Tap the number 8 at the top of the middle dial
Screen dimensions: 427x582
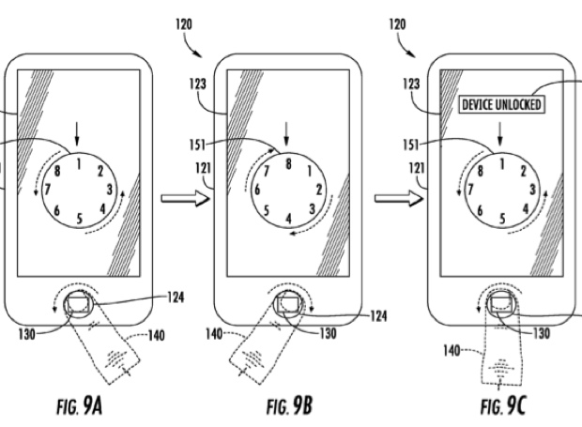[288, 162]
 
